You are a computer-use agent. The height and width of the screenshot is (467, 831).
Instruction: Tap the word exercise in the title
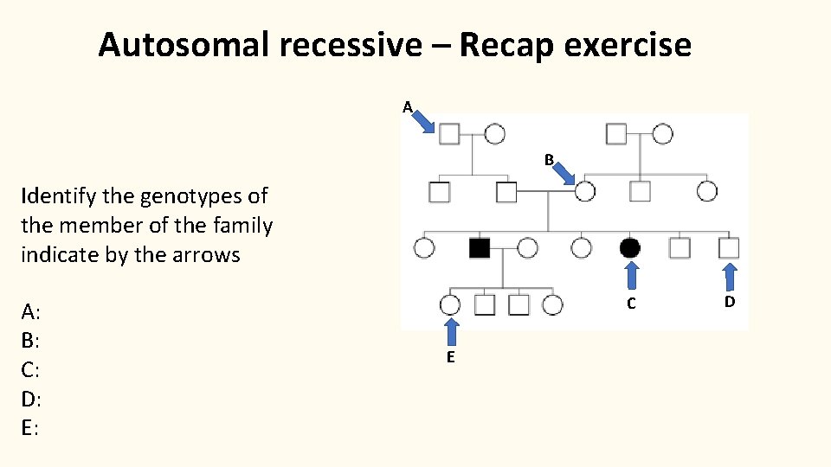click(630, 44)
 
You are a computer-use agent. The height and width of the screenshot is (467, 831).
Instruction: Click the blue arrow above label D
click(730, 277)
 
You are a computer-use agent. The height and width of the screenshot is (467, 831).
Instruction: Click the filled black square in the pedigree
click(479, 248)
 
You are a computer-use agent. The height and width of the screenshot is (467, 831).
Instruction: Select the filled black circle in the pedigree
click(631, 248)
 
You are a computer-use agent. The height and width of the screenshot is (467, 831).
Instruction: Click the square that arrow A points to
click(448, 134)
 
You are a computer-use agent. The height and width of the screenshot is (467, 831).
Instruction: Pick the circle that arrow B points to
click(585, 191)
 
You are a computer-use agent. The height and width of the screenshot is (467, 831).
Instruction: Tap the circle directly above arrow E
click(450, 304)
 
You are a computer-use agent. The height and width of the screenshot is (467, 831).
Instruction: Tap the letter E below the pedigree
click(451, 358)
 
